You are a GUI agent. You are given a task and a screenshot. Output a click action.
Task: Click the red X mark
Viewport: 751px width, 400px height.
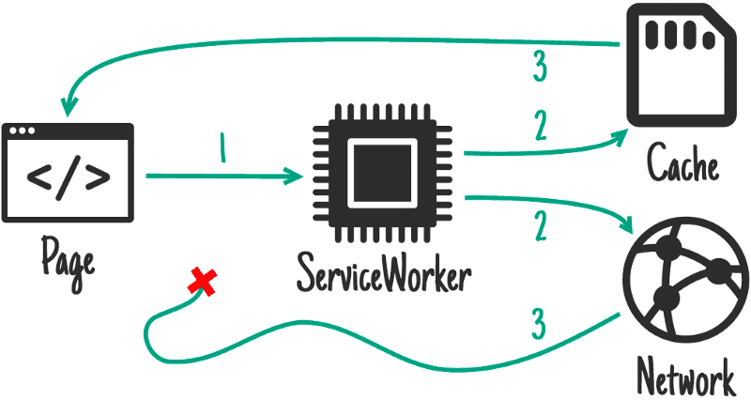[x=200, y=280]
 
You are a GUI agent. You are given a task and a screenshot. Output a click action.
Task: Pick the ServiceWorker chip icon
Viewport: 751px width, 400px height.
[x=384, y=174]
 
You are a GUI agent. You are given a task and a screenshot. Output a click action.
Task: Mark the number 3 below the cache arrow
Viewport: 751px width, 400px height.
[x=539, y=67]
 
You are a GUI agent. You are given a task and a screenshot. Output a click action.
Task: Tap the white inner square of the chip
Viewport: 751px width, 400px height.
[x=384, y=174]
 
